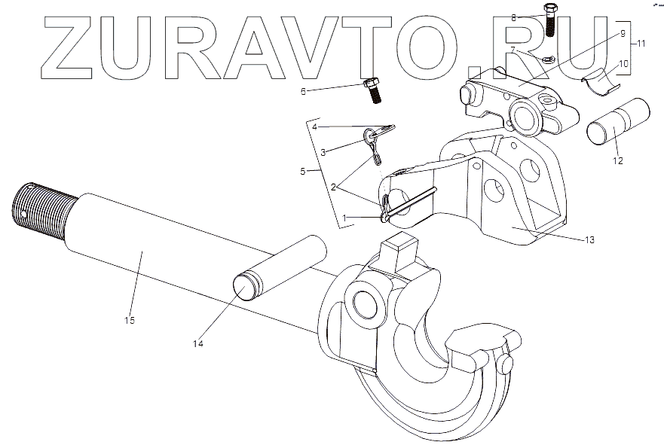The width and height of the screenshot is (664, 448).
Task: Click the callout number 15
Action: tap(129, 321)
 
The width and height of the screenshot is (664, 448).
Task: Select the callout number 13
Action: tap(589, 240)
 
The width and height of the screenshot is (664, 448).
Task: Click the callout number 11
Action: tap(641, 44)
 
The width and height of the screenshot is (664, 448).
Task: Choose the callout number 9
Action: tap(623, 34)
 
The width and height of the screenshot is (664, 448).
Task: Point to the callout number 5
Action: tap(302, 172)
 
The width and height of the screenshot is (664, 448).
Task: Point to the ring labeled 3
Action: tap(369, 136)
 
